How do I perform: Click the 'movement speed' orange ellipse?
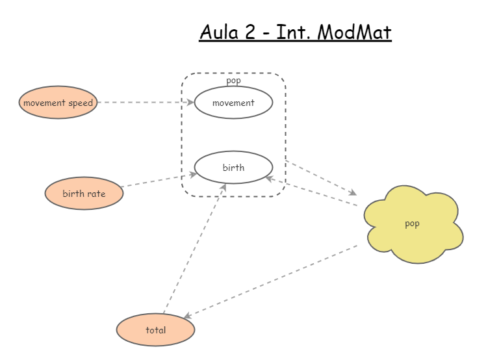coord(58,103)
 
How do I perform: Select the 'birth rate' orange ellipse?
coord(84,194)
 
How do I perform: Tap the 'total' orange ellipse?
coord(156,330)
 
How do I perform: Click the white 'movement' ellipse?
coord(233,103)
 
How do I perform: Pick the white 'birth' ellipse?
coord(233,168)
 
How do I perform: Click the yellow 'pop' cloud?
coord(413,224)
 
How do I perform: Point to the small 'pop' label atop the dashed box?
coord(233,81)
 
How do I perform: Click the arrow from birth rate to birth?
coord(159,180)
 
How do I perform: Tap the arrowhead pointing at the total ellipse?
coord(187,316)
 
